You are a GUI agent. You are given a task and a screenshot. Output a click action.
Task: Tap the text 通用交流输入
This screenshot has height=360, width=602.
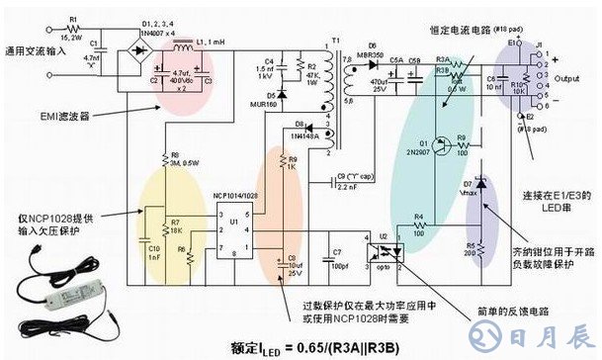coord(32,51)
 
